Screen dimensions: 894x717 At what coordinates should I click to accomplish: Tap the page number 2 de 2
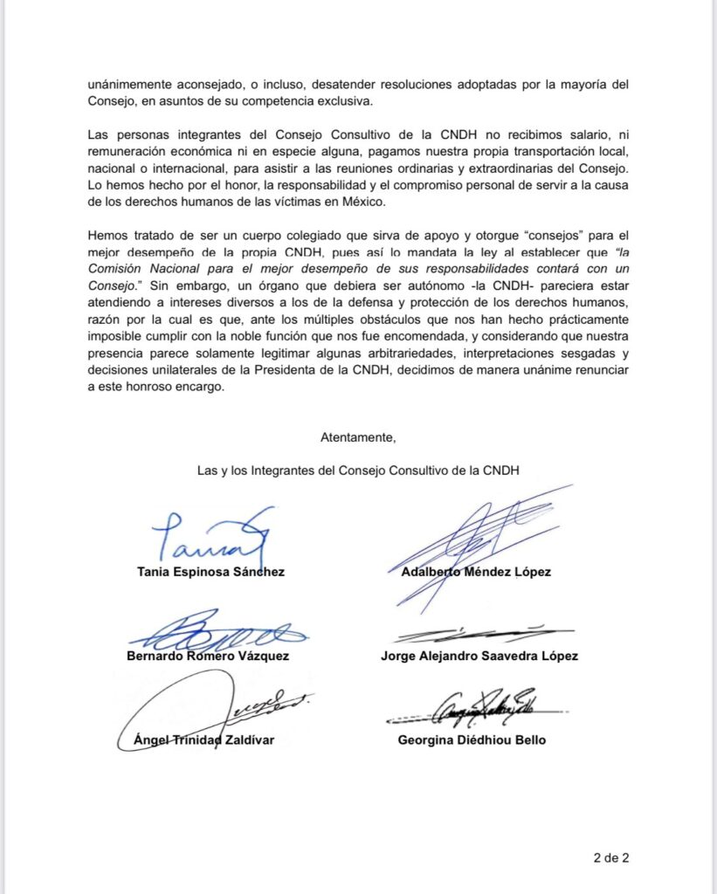point(611,856)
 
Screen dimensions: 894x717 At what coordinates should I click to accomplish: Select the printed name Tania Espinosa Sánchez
point(211,573)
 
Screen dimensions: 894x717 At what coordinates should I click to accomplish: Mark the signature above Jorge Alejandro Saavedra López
point(483,633)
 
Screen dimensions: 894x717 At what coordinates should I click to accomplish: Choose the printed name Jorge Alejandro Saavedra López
point(479,656)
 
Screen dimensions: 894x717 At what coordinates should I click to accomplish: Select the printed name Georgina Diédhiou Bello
point(472,740)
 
